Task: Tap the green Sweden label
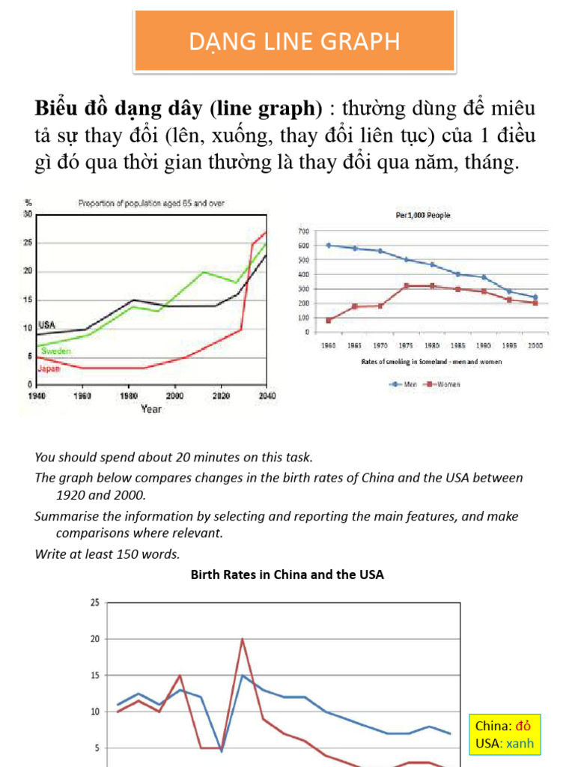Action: [x=56, y=350]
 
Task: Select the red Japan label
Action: [x=49, y=369]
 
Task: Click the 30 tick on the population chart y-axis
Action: [x=28, y=213]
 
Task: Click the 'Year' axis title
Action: [x=150, y=409]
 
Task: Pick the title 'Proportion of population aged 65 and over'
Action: [x=153, y=203]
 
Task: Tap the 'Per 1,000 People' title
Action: [x=423, y=215]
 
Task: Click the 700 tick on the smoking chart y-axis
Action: [x=303, y=231]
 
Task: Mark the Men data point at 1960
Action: [x=329, y=246]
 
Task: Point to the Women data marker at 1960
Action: [x=329, y=321]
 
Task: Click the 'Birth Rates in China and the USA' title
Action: [x=287, y=575]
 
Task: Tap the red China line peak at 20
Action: [x=242, y=639]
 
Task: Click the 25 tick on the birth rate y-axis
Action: [x=94, y=602]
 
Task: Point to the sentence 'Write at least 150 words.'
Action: [x=108, y=554]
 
